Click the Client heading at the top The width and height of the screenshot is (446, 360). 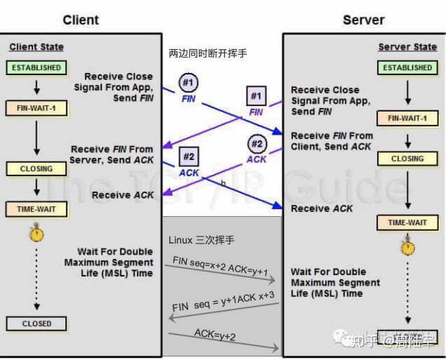(80, 20)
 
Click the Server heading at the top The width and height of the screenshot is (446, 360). (363, 20)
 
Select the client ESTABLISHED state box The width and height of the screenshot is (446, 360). (36, 68)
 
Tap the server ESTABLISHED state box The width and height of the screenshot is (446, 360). (407, 68)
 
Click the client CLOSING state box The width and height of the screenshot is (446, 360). (36, 168)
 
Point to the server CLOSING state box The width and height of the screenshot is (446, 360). (407, 159)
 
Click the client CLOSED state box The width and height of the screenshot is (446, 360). (36, 324)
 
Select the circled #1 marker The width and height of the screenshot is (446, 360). (188, 84)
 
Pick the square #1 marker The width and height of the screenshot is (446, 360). (256, 95)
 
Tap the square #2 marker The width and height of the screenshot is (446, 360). (189, 156)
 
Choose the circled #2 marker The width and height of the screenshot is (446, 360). (256, 145)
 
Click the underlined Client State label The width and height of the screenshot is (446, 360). (37, 47)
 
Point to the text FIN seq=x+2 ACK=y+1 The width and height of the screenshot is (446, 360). (219, 266)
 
